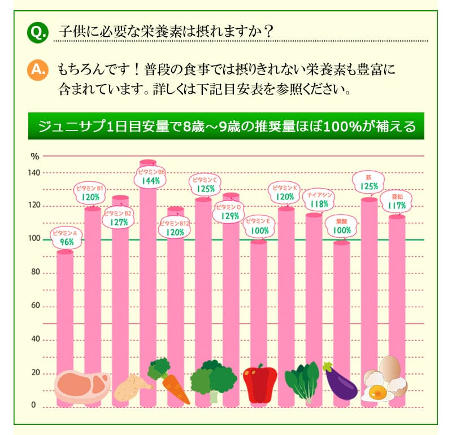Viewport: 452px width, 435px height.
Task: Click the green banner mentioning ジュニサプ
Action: (x=226, y=125)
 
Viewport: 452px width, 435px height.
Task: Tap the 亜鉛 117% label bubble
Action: (x=396, y=202)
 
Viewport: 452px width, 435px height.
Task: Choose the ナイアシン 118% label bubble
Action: (x=320, y=199)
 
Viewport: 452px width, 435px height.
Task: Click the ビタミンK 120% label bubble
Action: (x=285, y=193)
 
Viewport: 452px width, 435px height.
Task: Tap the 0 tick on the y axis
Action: (x=33, y=406)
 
